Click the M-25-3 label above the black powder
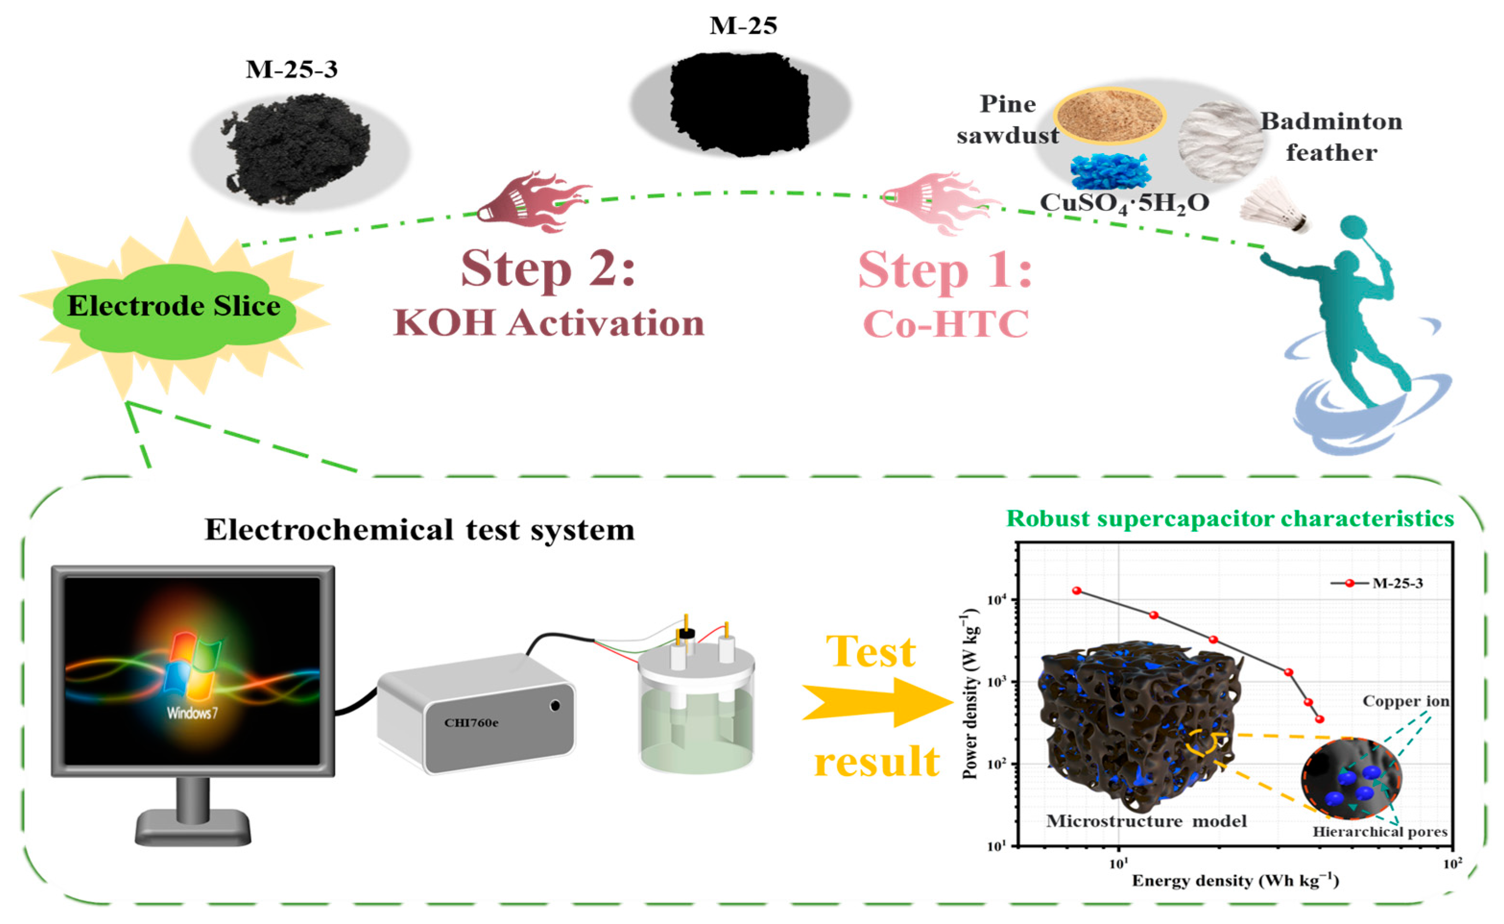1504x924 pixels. (291, 70)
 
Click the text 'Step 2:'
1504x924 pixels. (548, 269)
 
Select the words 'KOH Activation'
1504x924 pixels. (548, 323)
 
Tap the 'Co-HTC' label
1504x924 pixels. (946, 324)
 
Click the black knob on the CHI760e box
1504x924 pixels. (555, 706)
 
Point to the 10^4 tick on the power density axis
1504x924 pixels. (996, 600)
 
